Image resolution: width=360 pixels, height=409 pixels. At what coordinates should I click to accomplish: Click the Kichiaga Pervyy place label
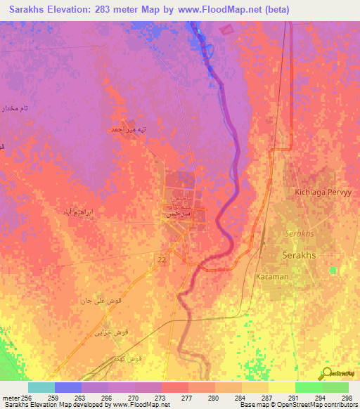pos(318,192)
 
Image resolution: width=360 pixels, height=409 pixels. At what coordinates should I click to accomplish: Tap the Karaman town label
pos(272,277)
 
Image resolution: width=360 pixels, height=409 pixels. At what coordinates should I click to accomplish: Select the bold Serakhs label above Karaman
pos(301,254)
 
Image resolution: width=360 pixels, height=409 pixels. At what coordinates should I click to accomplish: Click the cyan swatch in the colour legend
pos(41,387)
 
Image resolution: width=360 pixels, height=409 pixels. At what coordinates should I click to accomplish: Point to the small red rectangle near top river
pos(226,30)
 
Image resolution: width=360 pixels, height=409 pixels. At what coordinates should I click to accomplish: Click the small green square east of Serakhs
pos(333,270)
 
